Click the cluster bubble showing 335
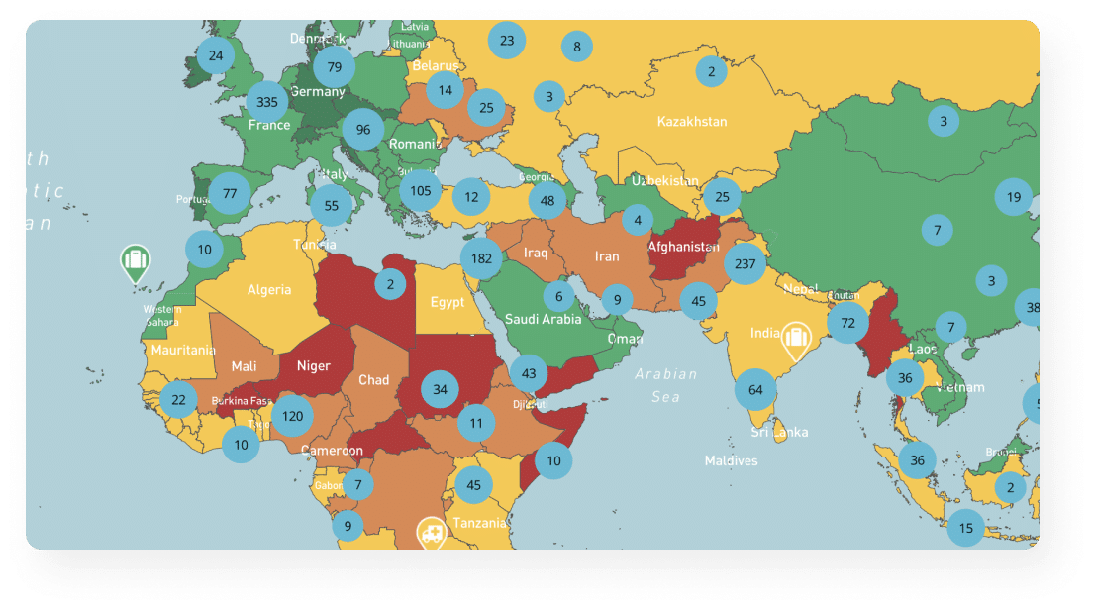coord(267,101)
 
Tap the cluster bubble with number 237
coord(746,263)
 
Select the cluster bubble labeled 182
coord(482,258)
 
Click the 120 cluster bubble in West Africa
coord(292,416)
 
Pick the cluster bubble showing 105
coord(420,190)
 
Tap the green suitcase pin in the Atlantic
coord(135,262)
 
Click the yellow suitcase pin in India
coord(794,340)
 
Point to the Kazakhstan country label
coord(692,122)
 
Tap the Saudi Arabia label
coord(544,319)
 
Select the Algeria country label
coord(269,290)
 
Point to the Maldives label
coord(731,460)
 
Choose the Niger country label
coord(314,366)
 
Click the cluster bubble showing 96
coord(363,130)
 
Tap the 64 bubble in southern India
coord(755,390)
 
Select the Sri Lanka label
coord(779,432)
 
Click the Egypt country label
coord(448,302)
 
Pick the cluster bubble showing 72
coord(847,323)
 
